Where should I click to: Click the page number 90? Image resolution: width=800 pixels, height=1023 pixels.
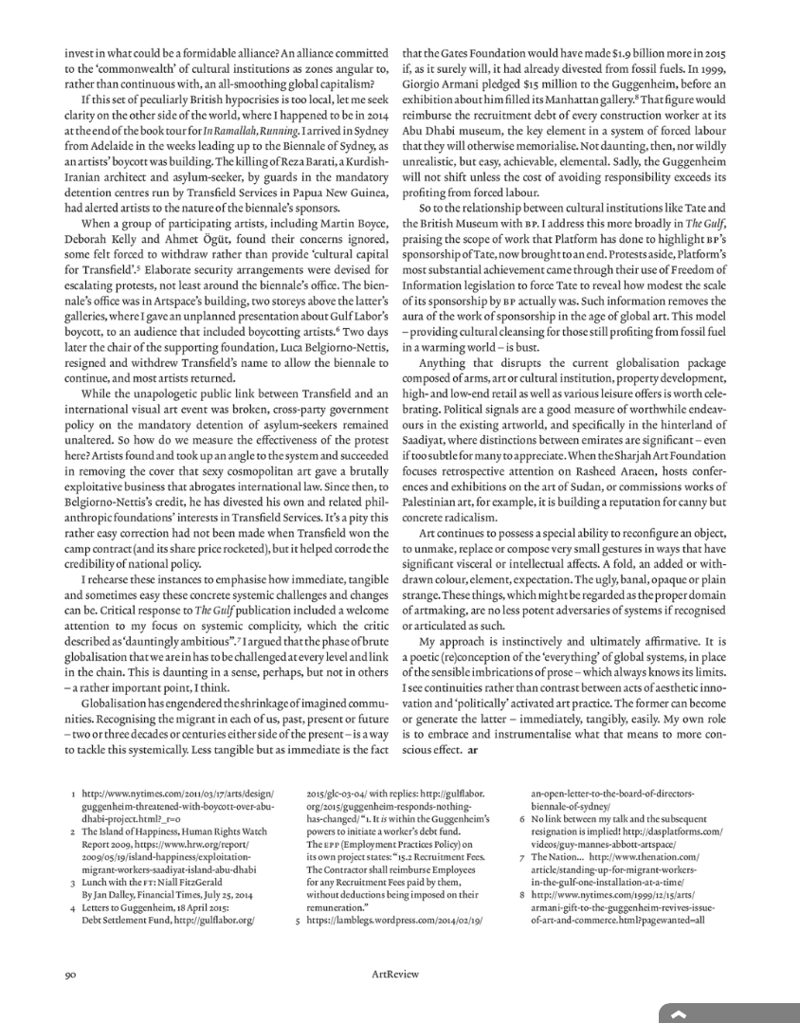click(70, 973)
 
